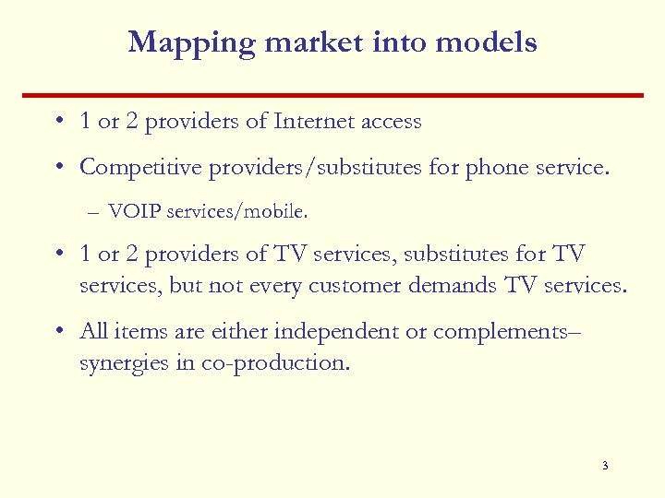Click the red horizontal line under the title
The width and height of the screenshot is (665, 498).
coord(332,94)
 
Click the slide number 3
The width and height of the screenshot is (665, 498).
coord(604,466)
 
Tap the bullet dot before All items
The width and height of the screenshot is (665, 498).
coord(58,331)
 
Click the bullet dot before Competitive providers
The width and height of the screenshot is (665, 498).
coord(58,167)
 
